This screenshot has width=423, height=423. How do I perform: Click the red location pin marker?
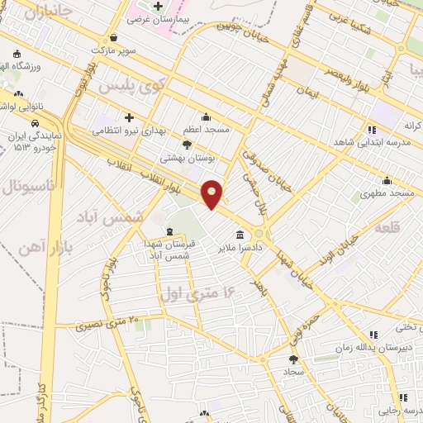click(x=212, y=193)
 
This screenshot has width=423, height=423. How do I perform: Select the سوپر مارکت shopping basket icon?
click(x=113, y=36)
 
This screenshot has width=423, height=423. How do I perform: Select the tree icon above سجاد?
click(x=293, y=359)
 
